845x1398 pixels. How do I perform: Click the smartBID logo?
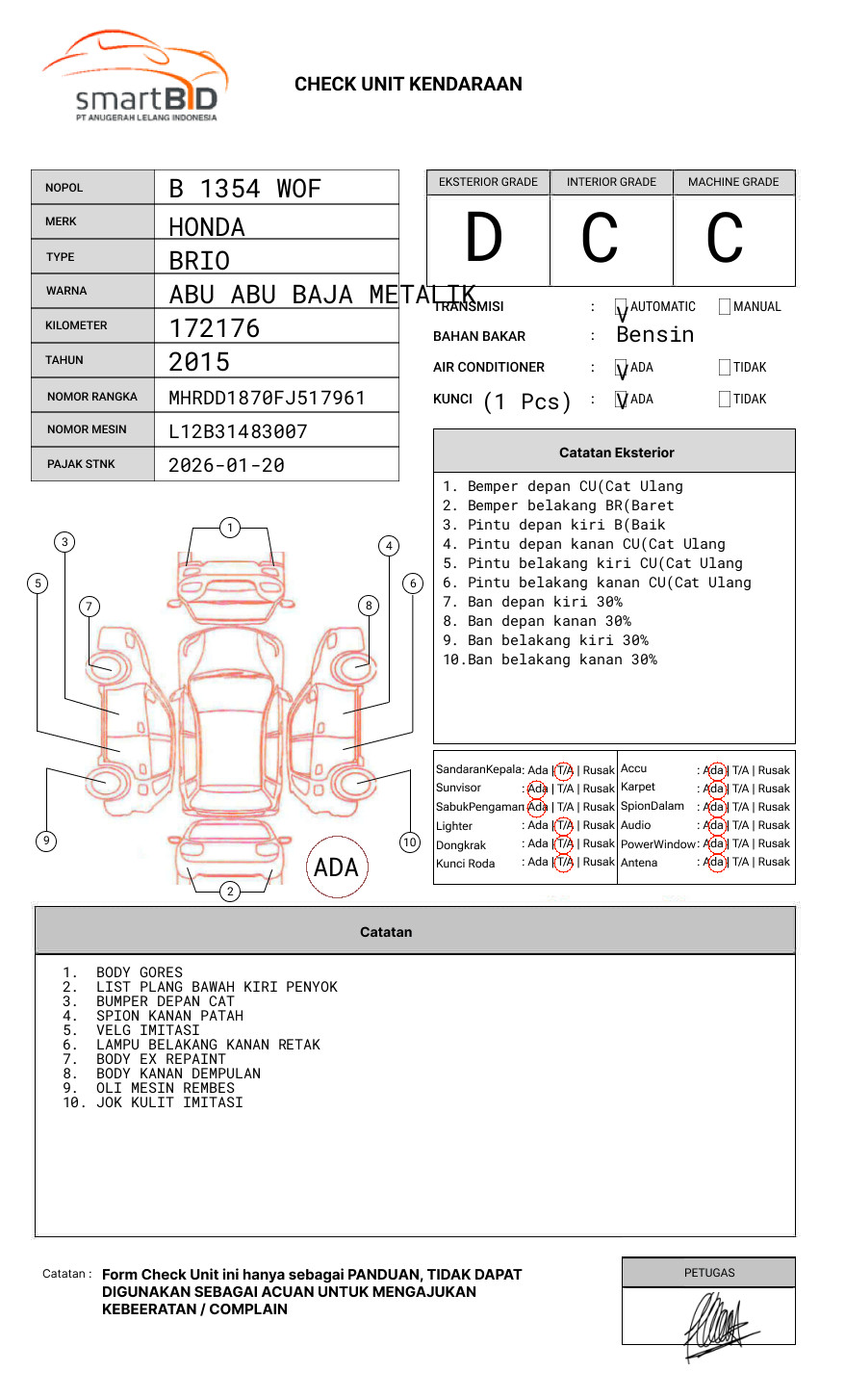pos(135,77)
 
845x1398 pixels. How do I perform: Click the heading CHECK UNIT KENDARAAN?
pos(408,85)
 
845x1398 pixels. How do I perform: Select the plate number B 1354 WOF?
pos(244,189)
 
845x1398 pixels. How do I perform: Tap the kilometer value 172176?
pos(215,328)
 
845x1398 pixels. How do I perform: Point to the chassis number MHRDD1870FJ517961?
pos(267,398)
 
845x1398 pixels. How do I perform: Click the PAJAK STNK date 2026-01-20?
pos(226,465)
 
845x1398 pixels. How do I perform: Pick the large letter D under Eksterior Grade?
pos(484,239)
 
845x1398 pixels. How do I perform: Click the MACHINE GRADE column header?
pos(733,182)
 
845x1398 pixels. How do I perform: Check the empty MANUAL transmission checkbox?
pos(725,307)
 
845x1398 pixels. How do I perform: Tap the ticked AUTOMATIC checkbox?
pos(622,307)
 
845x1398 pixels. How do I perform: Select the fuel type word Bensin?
pos(654,335)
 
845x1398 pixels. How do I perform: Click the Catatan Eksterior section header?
pos(616,453)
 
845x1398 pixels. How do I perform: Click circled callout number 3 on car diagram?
pos(64,542)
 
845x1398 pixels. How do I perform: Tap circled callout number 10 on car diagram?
pos(410,842)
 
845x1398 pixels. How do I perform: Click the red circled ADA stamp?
pos(336,867)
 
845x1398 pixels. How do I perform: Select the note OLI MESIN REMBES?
pos(165,1088)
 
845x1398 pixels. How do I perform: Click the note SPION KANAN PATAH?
pos(169,1016)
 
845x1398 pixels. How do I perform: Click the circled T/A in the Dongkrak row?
pos(564,843)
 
